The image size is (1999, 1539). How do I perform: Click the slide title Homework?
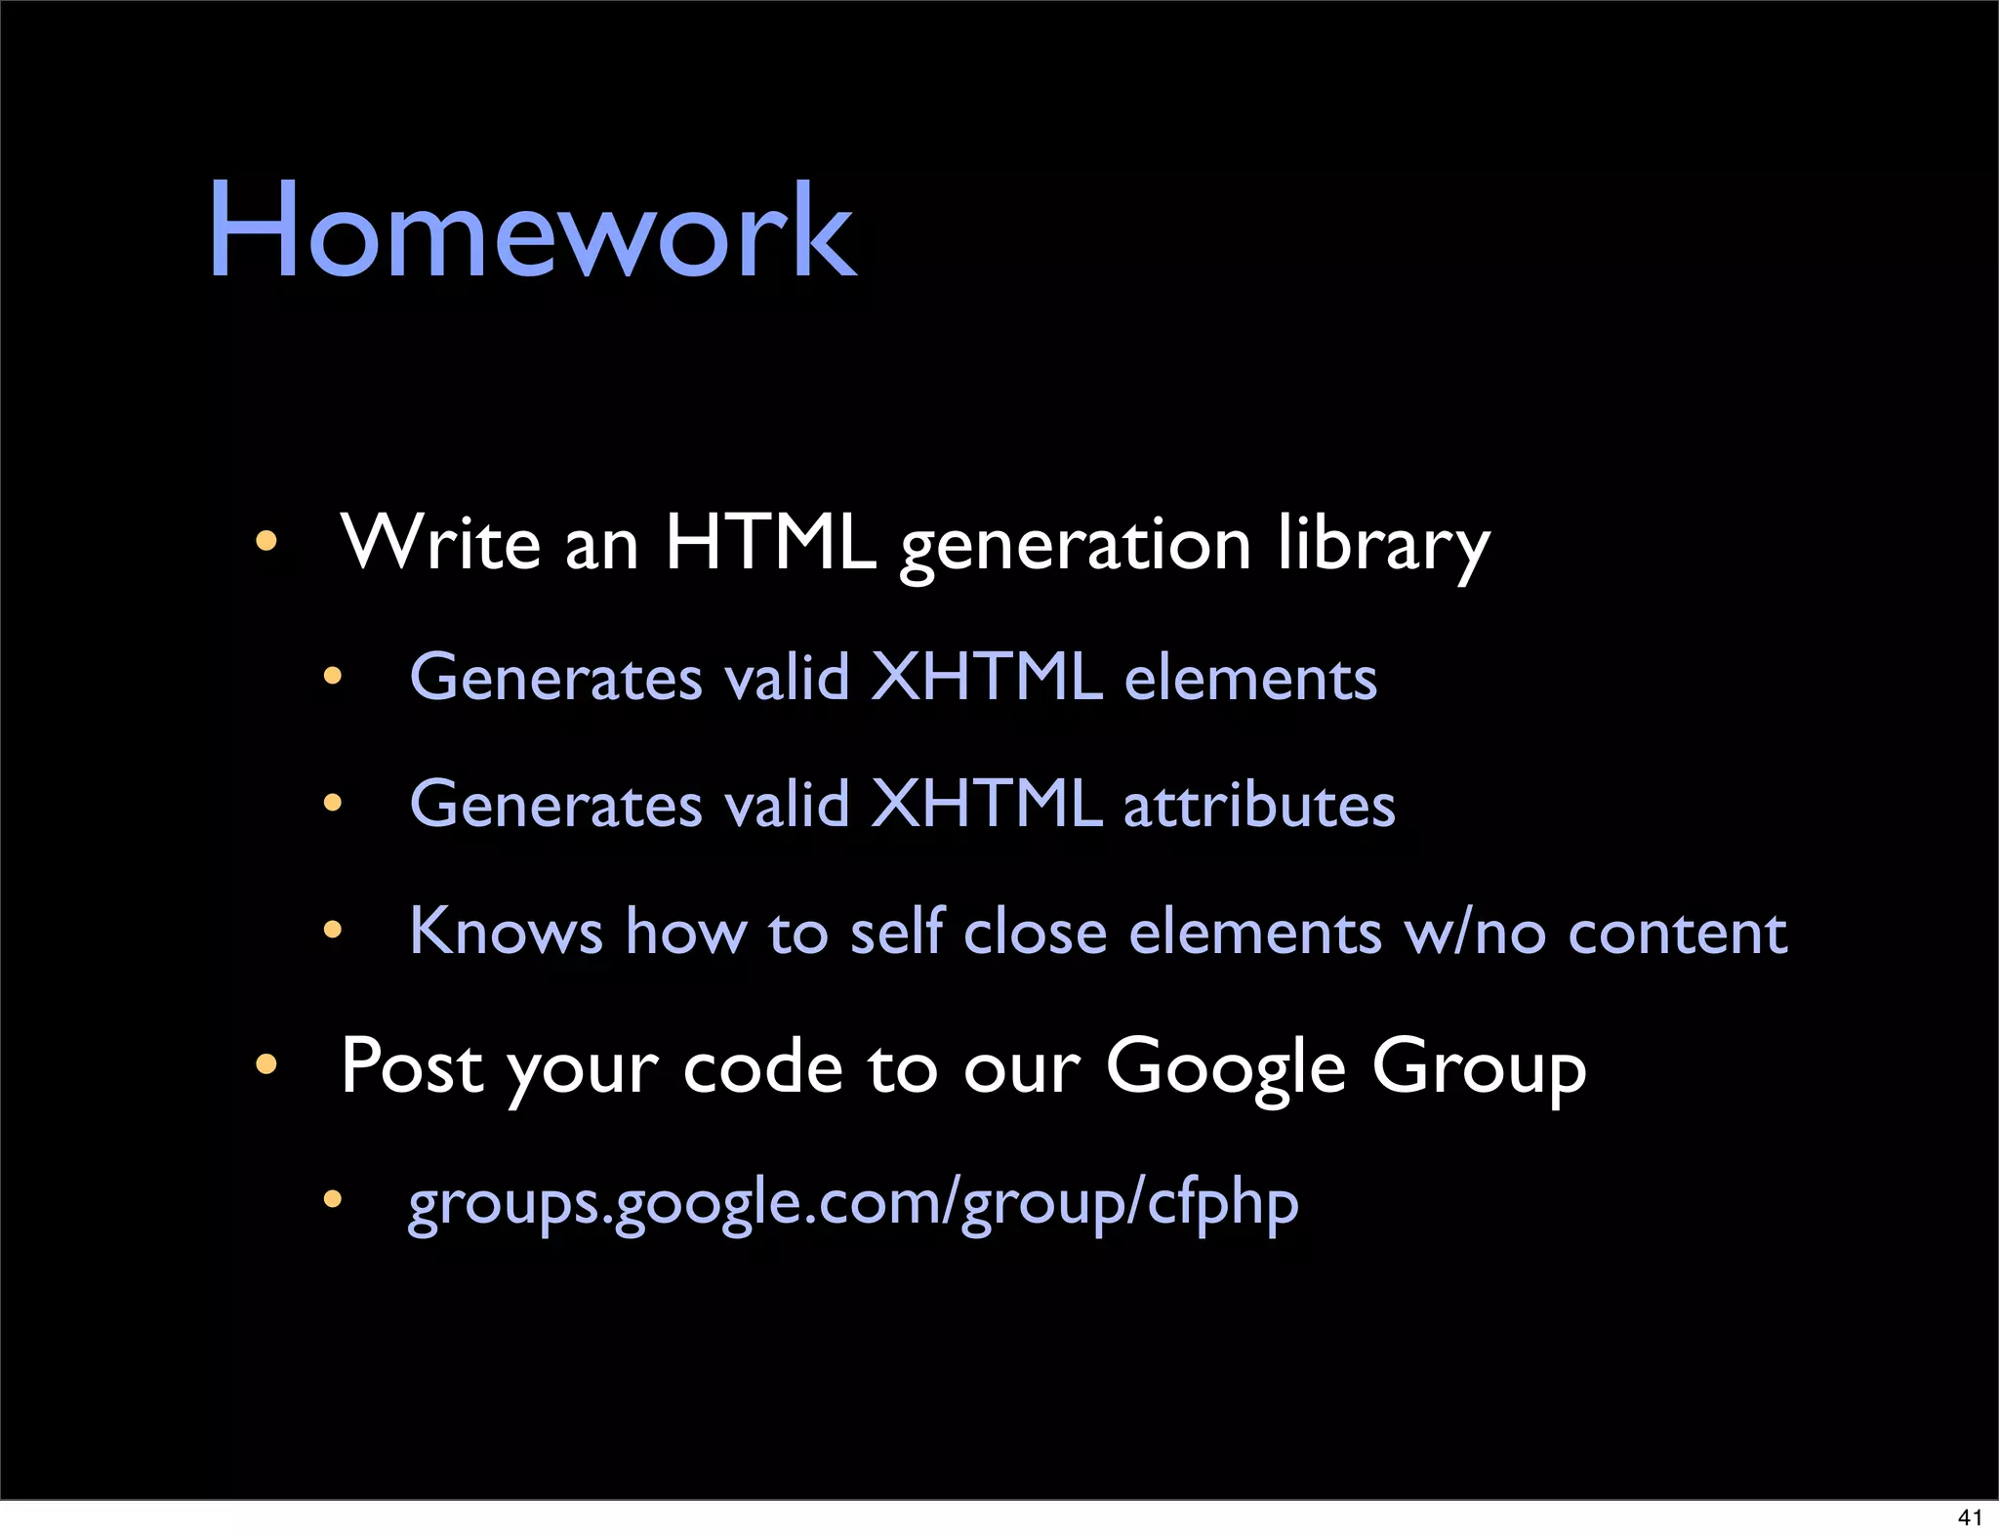[532, 231]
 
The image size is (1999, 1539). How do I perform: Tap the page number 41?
[1970, 1517]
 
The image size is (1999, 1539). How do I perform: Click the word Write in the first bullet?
[440, 542]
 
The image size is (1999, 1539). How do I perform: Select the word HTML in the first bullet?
[769, 542]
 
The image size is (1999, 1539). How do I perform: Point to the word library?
[1383, 545]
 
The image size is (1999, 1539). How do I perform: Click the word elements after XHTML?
[1250, 677]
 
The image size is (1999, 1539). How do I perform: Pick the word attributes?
[1259, 805]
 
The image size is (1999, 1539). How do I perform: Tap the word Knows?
[506, 931]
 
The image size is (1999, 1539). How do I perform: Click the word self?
[897, 931]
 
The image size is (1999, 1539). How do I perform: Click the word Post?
[412, 1065]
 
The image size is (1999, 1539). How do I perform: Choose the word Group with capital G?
[1479, 1068]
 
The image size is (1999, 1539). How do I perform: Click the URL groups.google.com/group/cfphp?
[853, 1202]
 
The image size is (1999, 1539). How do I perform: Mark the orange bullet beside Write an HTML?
[266, 540]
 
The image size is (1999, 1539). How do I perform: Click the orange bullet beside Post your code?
[266, 1063]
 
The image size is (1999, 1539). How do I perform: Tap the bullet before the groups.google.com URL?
[333, 1198]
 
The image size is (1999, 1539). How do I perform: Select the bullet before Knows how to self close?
[333, 929]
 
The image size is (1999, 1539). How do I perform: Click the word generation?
[1076, 545]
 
